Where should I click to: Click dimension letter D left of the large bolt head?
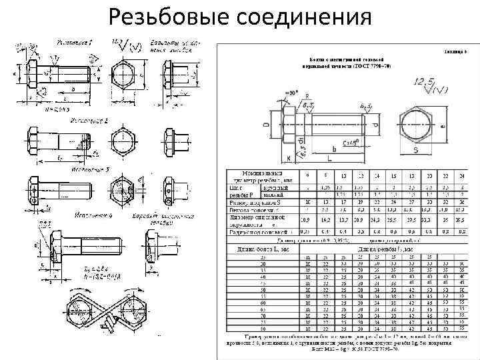pyautogui.click(x=266, y=125)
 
